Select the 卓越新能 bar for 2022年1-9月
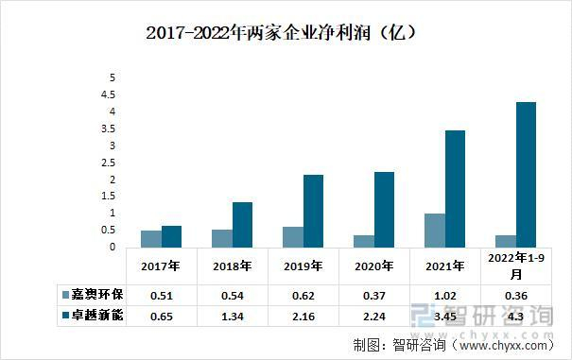pyautogui.click(x=526, y=175)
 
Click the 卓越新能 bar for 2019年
pyautogui.click(x=313, y=211)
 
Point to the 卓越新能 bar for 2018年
pyautogui.click(x=242, y=225)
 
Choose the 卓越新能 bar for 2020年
pyautogui.click(x=384, y=210)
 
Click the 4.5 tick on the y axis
pyautogui.click(x=112, y=95)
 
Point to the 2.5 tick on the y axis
pyautogui.click(x=112, y=163)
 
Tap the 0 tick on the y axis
pyautogui.click(x=112, y=248)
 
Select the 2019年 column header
pyautogui.click(x=303, y=266)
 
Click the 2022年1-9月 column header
pyautogui.click(x=515, y=266)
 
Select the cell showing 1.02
pyautogui.click(x=444, y=295)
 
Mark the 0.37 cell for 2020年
pyautogui.click(x=373, y=295)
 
